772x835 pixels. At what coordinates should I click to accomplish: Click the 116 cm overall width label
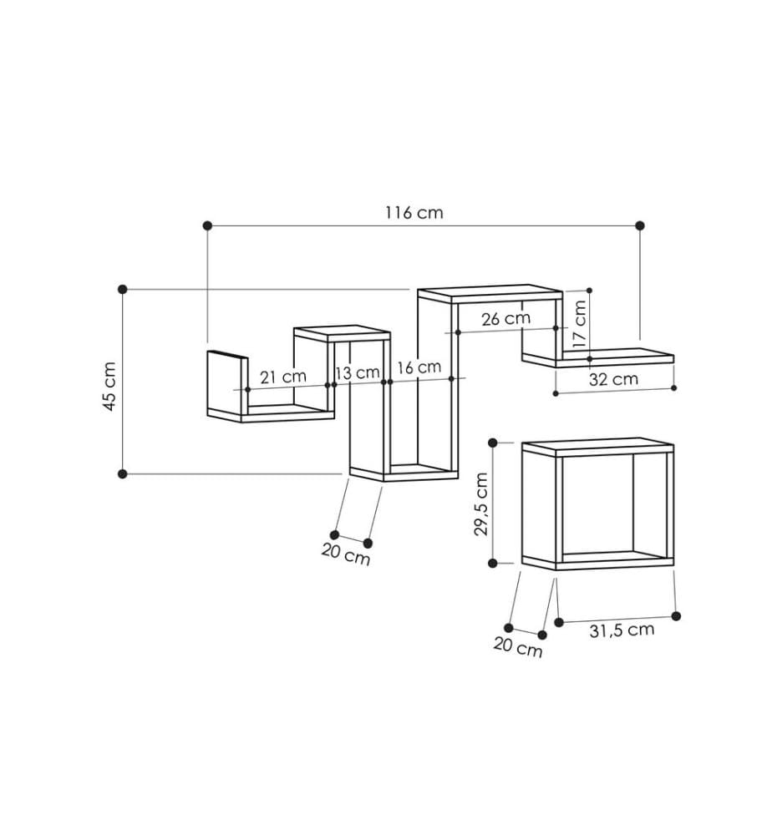(x=414, y=212)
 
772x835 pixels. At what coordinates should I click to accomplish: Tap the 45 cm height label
(x=109, y=387)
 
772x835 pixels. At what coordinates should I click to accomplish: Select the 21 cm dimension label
(x=283, y=377)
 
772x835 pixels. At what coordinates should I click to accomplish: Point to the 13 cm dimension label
(x=358, y=372)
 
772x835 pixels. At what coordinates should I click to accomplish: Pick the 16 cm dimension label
(x=419, y=367)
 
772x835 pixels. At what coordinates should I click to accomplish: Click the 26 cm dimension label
(x=506, y=319)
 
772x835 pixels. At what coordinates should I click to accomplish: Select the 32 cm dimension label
(x=613, y=379)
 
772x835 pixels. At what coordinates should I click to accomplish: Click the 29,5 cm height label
(x=480, y=504)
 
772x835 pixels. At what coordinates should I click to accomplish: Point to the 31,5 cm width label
(x=622, y=630)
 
